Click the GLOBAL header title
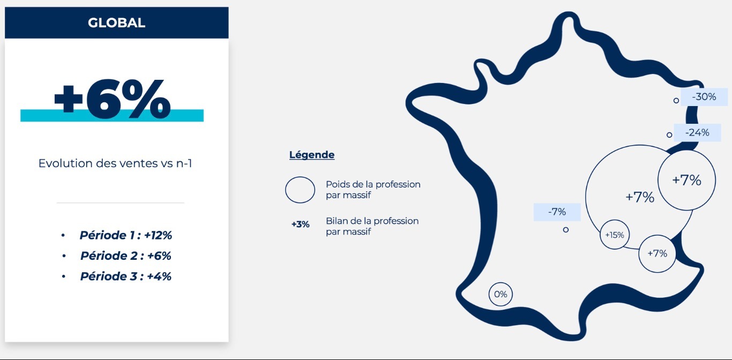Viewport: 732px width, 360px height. click(x=116, y=23)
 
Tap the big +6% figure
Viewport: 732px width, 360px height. click(x=112, y=99)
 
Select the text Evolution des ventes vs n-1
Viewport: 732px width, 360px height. click(x=115, y=163)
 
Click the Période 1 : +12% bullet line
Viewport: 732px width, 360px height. click(x=126, y=235)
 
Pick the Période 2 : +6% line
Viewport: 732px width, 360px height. click(x=126, y=256)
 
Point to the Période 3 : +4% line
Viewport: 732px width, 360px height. click(x=126, y=276)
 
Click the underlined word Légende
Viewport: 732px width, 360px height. click(x=312, y=154)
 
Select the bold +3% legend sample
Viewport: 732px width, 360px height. click(x=300, y=224)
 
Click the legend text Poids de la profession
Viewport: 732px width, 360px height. click(x=373, y=185)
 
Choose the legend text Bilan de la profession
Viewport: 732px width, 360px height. click(x=372, y=221)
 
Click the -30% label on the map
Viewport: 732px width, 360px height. click(x=704, y=97)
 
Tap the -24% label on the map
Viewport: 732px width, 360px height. click(x=697, y=133)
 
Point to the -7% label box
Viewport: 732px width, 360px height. click(x=557, y=212)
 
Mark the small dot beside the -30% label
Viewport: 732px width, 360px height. click(x=676, y=101)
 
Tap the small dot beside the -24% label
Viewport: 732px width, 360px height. click(x=669, y=135)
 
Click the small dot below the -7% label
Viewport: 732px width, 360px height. click(x=566, y=230)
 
